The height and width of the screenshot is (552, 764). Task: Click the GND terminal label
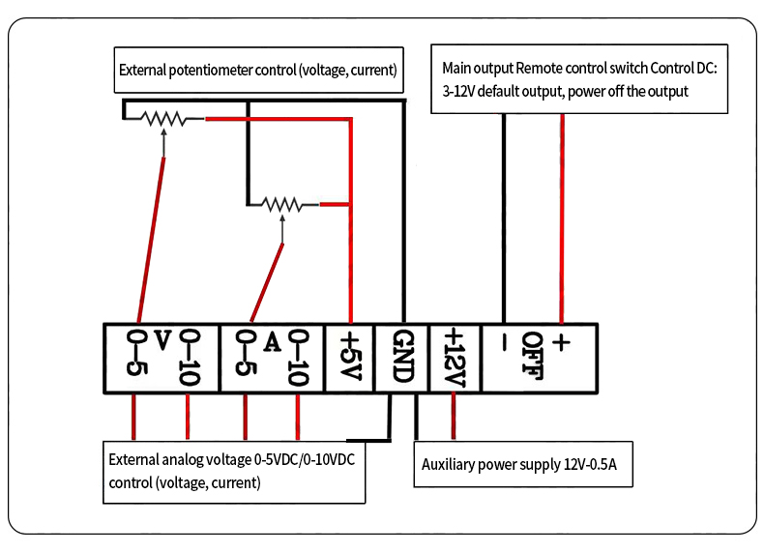coord(403,356)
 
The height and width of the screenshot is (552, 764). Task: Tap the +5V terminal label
coord(350,356)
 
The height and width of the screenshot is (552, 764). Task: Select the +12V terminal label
coord(454,356)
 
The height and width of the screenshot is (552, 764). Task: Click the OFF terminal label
coord(533,356)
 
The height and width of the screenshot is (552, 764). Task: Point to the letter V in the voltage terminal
coord(162,339)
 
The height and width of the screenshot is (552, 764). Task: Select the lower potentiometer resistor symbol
coord(281,203)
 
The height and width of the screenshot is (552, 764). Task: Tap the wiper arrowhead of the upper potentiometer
coord(164,132)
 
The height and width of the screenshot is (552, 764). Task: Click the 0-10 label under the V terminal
coord(189,358)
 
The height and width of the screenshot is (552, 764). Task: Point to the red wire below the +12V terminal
coord(452,415)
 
